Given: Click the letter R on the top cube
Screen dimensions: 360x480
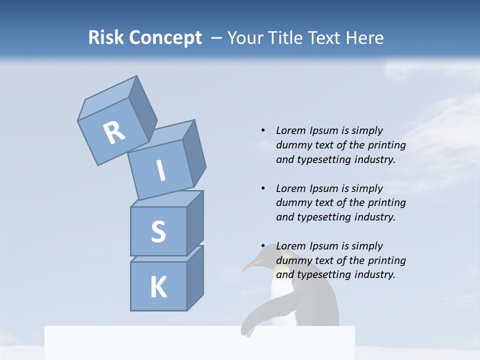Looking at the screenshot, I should pyautogui.click(x=114, y=133).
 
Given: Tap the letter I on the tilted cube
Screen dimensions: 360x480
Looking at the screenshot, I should pyautogui.click(x=160, y=170).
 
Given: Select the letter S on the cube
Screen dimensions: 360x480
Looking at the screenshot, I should pyautogui.click(x=158, y=231).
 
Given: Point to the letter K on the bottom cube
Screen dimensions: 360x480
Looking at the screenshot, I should pyautogui.click(x=158, y=287).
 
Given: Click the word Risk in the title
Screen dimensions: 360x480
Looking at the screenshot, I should pyautogui.click(x=105, y=38).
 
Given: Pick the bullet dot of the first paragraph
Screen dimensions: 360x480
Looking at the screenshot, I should pyautogui.click(x=262, y=130).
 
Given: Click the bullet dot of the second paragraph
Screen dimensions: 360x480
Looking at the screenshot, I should pyautogui.click(x=262, y=188).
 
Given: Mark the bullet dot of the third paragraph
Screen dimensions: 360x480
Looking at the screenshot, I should pyautogui.click(x=262, y=246).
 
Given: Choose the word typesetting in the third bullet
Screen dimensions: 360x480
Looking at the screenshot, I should pyautogui.click(x=325, y=274).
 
